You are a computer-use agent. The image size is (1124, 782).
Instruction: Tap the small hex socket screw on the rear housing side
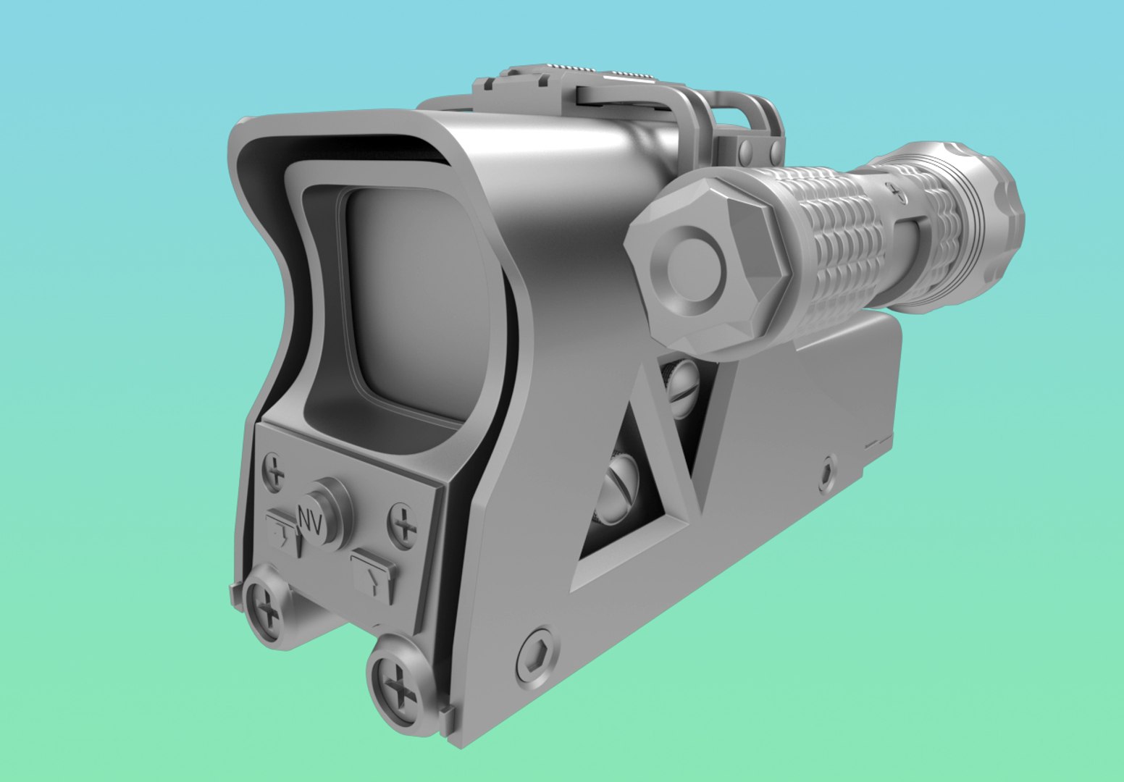827,474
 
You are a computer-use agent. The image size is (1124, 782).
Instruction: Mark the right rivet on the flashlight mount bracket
773,150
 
